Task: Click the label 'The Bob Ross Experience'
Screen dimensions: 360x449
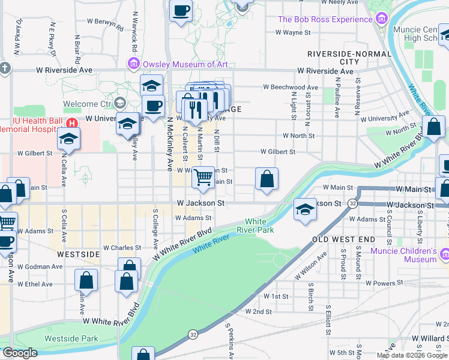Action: [325, 20]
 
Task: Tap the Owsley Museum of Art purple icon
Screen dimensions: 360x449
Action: [133, 64]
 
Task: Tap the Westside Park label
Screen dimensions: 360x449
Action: [71, 338]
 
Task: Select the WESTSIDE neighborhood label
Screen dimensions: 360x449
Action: [77, 254]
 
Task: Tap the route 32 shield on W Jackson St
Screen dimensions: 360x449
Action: [352, 204]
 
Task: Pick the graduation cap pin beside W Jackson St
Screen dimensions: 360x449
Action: [305, 210]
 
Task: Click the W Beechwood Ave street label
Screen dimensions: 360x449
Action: [290, 88]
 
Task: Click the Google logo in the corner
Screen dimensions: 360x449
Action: [20, 353]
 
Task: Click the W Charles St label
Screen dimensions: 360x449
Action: [122, 247]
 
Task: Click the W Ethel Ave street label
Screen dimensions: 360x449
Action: [35, 284]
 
